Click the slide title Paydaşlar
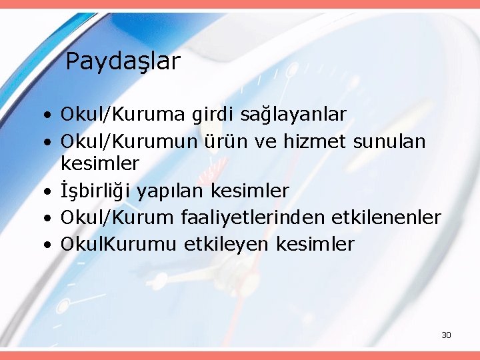(x=123, y=62)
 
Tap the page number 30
(x=446, y=335)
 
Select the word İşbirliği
(x=96, y=191)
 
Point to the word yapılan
(x=171, y=192)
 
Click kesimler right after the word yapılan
(x=250, y=191)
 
